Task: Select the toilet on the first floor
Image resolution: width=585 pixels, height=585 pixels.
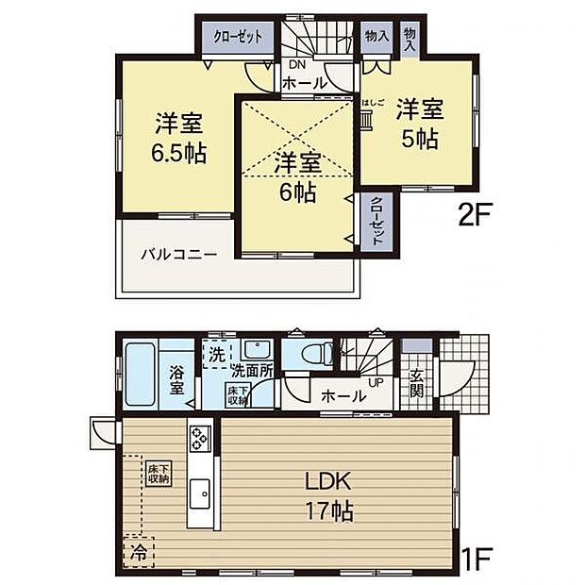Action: pyautogui.click(x=312, y=354)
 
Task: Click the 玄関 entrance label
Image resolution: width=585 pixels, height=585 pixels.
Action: pyautogui.click(x=416, y=382)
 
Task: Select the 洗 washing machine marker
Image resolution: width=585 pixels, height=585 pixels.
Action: pyautogui.click(x=216, y=356)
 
